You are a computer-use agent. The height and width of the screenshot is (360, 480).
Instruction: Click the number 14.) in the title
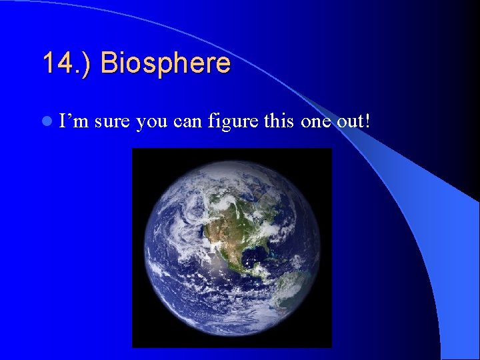[67, 63]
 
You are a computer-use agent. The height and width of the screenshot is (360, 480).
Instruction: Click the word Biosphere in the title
[165, 63]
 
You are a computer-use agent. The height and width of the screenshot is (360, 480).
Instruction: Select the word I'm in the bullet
[74, 122]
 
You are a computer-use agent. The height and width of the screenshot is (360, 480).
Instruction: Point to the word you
[151, 122]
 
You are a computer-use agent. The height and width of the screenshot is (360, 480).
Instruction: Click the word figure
[230, 122]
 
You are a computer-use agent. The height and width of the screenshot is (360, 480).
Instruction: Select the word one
[311, 122]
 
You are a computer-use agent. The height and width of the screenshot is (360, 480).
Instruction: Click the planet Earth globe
[231, 248]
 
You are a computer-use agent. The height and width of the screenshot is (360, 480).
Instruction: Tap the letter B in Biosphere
[108, 63]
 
